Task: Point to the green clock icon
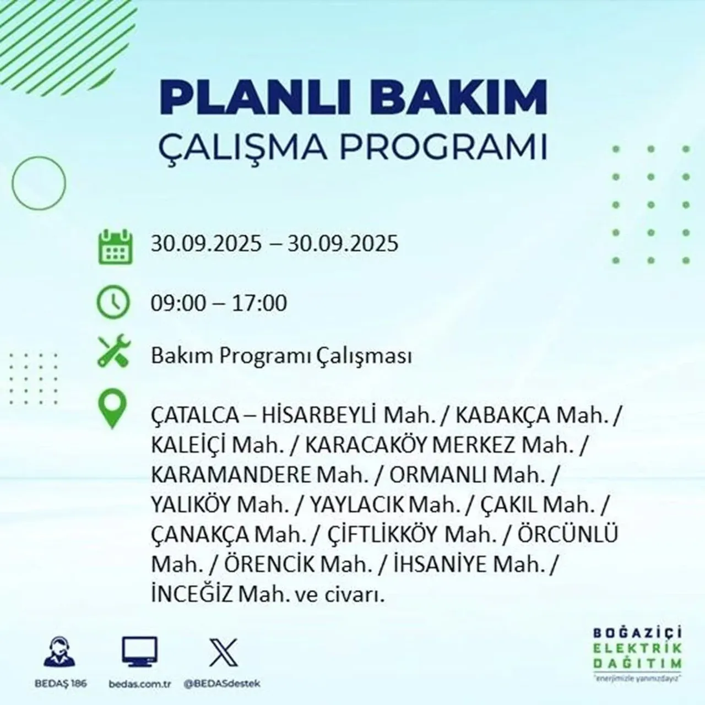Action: pos(114,302)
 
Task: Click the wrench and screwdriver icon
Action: pos(114,352)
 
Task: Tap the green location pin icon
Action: pos(112,410)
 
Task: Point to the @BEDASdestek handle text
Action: pos(223,684)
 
